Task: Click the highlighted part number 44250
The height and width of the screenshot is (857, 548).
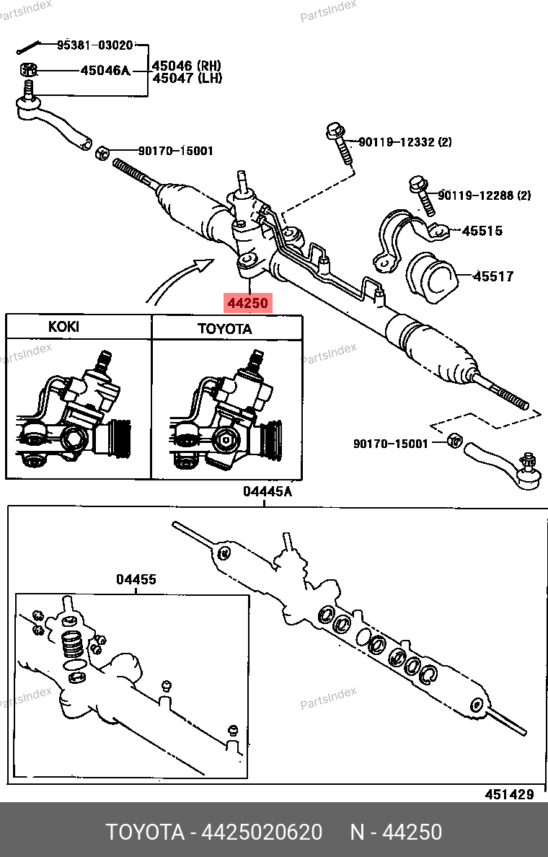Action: click(x=248, y=303)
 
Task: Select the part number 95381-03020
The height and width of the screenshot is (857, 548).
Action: click(x=95, y=45)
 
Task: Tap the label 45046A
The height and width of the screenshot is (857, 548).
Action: click(x=105, y=71)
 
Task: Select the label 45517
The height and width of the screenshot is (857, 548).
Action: click(x=493, y=276)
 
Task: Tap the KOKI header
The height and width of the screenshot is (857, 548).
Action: click(x=63, y=327)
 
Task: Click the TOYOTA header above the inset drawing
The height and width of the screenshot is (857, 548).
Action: click(x=225, y=329)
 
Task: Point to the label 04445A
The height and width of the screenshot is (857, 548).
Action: click(x=267, y=491)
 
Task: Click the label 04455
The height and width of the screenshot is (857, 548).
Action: click(x=136, y=579)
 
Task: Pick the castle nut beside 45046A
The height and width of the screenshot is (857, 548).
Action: click(x=28, y=70)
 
